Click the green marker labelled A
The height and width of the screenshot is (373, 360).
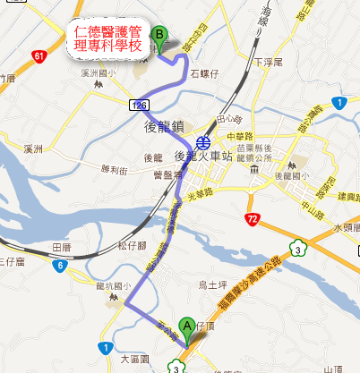coord(187,326)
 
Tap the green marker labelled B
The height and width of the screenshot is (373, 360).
coord(160,35)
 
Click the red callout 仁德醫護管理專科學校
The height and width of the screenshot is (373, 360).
coord(108,39)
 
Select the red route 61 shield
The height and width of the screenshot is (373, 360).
coord(38,56)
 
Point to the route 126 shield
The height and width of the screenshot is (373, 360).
coord(137,105)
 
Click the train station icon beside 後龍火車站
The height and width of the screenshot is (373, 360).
coord(204,141)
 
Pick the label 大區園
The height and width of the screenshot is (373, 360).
coord(135,360)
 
